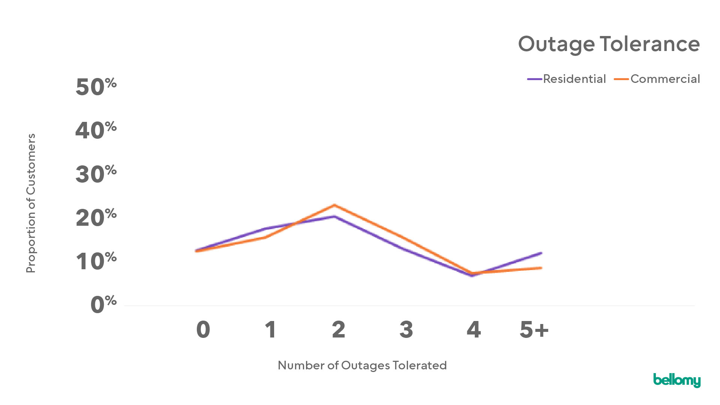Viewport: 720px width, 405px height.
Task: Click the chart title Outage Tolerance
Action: click(x=609, y=44)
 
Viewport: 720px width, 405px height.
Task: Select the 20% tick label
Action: click(x=96, y=218)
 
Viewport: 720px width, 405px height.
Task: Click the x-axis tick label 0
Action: click(x=203, y=330)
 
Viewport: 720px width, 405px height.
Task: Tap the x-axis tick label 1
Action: click(x=270, y=330)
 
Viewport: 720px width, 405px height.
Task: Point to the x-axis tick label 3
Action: click(x=406, y=330)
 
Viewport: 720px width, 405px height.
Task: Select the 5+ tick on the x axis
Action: click(x=534, y=330)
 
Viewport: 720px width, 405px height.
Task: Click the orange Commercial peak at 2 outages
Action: click(x=334, y=205)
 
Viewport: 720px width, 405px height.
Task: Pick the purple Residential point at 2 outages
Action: click(x=334, y=216)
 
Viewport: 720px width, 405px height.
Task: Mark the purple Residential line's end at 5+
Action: click(x=541, y=253)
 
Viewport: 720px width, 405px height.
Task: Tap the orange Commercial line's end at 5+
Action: click(x=541, y=268)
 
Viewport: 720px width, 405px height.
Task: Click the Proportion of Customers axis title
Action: click(x=31, y=203)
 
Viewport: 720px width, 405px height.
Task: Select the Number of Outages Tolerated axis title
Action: click(x=362, y=365)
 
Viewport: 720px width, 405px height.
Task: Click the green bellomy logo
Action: click(x=677, y=380)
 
